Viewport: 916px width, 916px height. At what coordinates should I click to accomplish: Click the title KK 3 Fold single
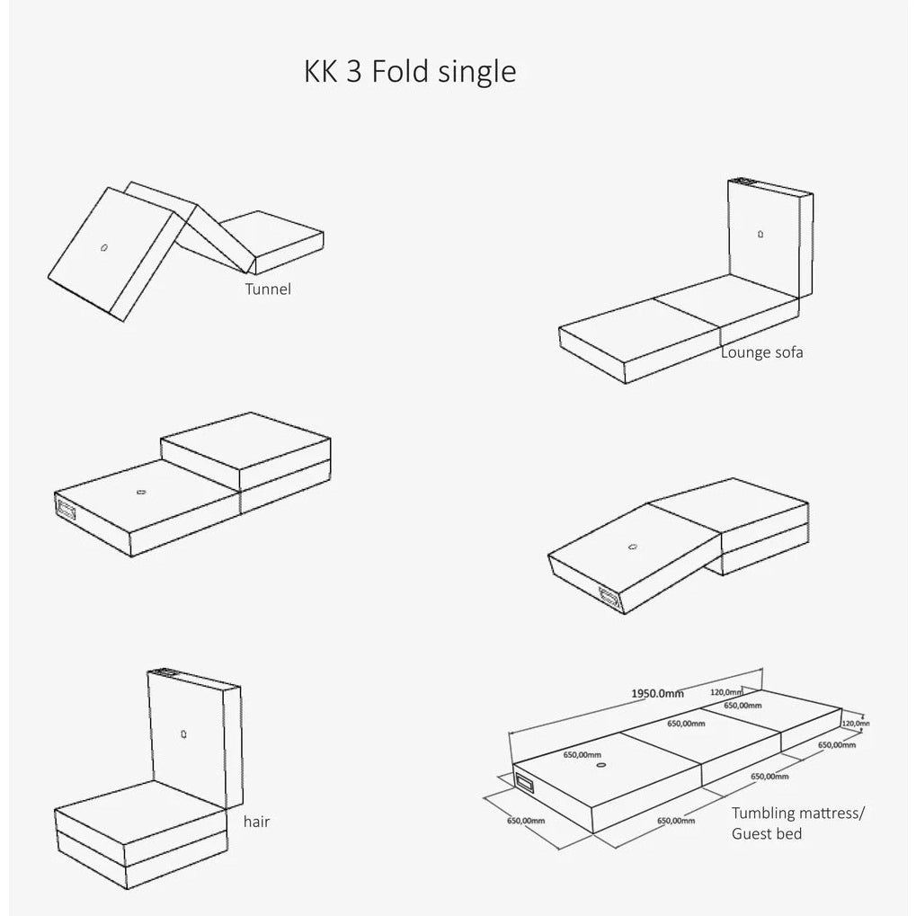pos(410,71)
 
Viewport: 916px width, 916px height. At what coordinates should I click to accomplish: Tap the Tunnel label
pos(268,289)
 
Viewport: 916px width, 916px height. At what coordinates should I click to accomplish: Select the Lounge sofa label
pos(761,352)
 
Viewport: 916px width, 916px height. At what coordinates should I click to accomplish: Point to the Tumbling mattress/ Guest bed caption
pos(797,823)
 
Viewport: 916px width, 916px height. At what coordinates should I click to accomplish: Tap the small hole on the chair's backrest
pos(183,734)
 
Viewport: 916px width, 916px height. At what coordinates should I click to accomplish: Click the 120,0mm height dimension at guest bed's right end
pos(857,722)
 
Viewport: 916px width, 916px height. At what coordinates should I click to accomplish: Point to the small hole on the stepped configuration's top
pos(140,491)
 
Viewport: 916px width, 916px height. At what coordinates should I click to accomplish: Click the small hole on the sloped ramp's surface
pos(632,546)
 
